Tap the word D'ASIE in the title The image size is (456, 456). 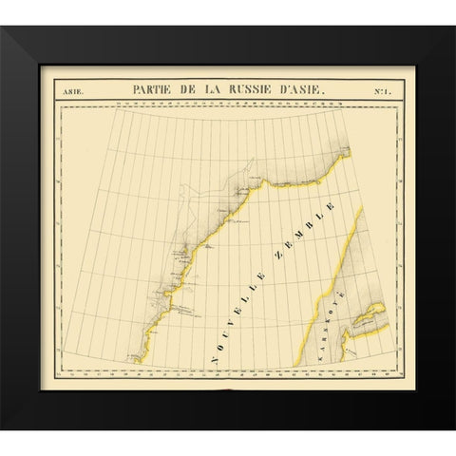point(296,90)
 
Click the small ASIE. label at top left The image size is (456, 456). point(73,91)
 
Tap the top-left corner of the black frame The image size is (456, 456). point(28,28)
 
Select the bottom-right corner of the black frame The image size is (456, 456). point(428,428)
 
